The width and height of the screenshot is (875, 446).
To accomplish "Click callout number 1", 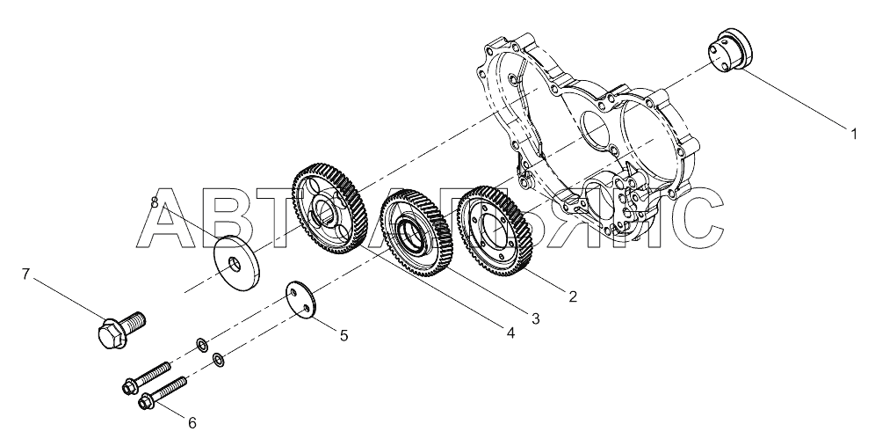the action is click(853, 134).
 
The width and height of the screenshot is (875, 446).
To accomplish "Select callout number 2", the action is click(573, 296).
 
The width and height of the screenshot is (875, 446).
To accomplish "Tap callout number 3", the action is click(535, 318).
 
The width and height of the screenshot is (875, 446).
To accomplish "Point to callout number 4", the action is click(510, 333).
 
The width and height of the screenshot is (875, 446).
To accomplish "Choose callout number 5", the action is click(343, 335).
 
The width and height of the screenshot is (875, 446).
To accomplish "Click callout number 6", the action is click(192, 423).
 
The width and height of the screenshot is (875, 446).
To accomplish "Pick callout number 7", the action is click(25, 274).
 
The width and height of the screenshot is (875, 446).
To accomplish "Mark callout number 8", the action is click(155, 202).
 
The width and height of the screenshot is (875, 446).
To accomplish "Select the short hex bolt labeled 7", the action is click(121, 329).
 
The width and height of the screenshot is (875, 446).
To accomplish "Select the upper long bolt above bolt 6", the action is click(146, 377).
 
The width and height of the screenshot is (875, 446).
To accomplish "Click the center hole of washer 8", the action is click(234, 262).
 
